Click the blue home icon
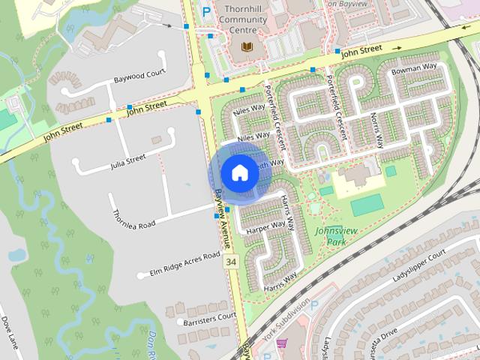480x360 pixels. pyautogui.click(x=238, y=173)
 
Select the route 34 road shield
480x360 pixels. pyautogui.click(x=230, y=262)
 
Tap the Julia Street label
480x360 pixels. pyautogui.click(x=126, y=159)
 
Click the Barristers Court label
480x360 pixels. pyautogui.click(x=210, y=319)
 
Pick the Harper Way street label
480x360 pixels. pyautogui.click(x=266, y=225)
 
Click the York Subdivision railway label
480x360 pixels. pyautogui.click(x=286, y=320)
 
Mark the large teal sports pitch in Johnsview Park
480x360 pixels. pyautogui.click(x=365, y=205)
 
